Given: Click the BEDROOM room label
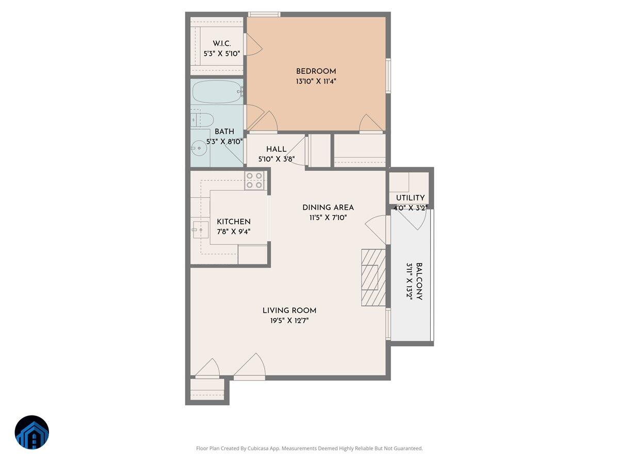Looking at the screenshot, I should tap(316, 71).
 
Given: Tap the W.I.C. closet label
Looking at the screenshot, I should tap(222, 43).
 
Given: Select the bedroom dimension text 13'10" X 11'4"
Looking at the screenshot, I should tap(316, 81).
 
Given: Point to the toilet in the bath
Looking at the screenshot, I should tap(203, 120).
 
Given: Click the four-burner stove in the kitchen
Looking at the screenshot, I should tap(255, 180).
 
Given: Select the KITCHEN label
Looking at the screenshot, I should tap(234, 222).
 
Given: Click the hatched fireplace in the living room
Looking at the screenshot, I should tap(373, 277).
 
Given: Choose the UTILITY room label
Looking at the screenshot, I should tap(410, 198).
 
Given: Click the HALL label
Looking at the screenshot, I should tap(276, 150).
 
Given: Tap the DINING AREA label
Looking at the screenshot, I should tap(328, 207).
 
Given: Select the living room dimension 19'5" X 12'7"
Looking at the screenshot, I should tap(289, 320).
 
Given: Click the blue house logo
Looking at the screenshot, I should tap(31, 433).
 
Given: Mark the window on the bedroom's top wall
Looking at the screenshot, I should tap(264, 14).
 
